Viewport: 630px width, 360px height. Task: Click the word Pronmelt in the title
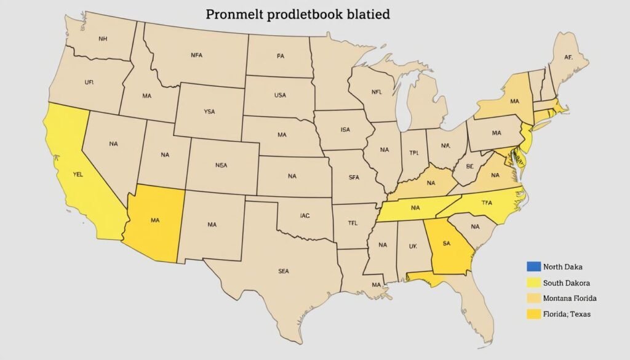click(232, 14)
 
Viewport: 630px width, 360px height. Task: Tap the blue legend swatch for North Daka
click(533, 266)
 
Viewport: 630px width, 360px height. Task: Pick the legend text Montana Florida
click(570, 298)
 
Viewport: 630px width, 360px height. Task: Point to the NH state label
click(103, 38)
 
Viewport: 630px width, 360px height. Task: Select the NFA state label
click(197, 55)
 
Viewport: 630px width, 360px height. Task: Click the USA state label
click(280, 95)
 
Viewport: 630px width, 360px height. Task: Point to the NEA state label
click(221, 165)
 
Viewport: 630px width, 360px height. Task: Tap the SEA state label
click(284, 270)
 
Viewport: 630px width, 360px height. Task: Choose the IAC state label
click(305, 215)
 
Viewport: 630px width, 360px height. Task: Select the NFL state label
click(377, 94)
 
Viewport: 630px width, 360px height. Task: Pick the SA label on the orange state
click(446, 244)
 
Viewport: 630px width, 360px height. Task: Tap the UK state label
click(413, 245)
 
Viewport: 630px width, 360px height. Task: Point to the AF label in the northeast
click(568, 57)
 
